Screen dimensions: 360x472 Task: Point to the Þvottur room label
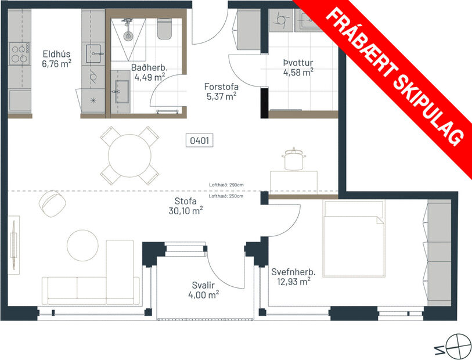[298, 63]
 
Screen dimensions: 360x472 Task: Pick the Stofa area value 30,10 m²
[190, 212]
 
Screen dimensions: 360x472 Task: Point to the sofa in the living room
[90, 290]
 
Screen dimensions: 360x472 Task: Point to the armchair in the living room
[51, 203]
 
